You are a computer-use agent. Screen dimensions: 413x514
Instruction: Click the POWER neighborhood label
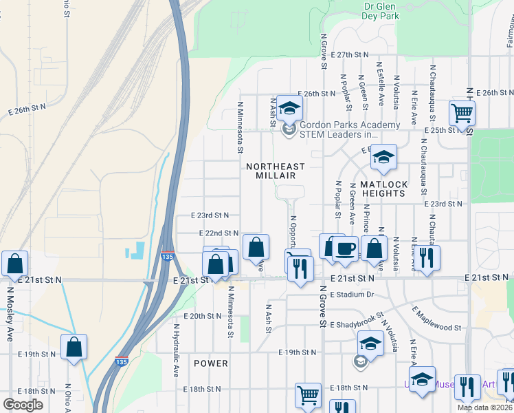click(x=210, y=363)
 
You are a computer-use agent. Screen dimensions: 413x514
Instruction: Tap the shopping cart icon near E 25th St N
click(x=462, y=112)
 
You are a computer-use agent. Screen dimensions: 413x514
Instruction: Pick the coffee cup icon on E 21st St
click(x=345, y=248)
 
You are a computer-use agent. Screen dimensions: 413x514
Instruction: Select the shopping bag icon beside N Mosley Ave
click(x=14, y=264)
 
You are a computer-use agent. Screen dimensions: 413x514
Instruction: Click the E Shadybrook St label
click(x=355, y=324)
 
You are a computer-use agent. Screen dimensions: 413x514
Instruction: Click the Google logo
click(x=23, y=405)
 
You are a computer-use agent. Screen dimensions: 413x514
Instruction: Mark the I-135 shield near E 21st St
click(x=168, y=257)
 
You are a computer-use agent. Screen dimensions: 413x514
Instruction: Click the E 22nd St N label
click(x=219, y=233)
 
